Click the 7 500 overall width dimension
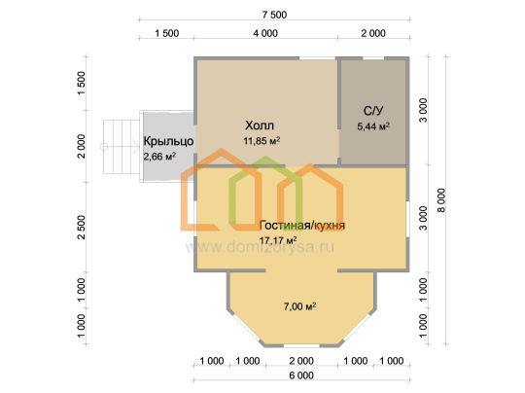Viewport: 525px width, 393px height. point(274,15)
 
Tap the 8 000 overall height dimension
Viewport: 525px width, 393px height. point(441,200)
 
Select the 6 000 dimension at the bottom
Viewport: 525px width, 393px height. point(301,375)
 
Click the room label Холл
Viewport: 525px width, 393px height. point(260,125)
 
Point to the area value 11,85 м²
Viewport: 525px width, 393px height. point(262,141)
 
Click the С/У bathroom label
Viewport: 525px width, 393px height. point(373,111)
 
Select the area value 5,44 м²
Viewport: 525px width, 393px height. point(373,126)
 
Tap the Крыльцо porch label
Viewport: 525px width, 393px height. point(168,141)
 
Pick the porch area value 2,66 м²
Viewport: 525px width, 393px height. point(159,156)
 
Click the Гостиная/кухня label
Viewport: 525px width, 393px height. point(302,225)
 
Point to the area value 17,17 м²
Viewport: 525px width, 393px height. point(278,240)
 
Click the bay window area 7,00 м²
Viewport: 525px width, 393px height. point(300,306)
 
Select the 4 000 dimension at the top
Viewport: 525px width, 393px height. point(265,33)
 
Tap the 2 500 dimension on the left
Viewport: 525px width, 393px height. point(82,228)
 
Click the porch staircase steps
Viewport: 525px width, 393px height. point(122,147)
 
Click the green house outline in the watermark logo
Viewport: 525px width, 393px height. point(265,191)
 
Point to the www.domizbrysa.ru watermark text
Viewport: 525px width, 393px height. point(260,248)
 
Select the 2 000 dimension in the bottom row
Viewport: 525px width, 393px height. point(301,361)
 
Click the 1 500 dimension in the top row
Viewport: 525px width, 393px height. point(167,33)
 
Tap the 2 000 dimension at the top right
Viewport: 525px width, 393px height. point(373,33)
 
